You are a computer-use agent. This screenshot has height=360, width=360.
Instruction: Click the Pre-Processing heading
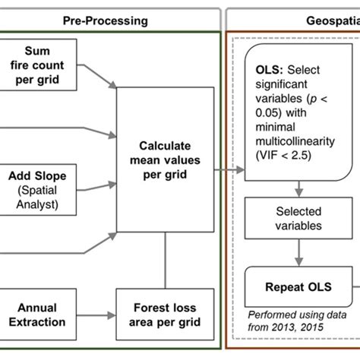click(107, 13)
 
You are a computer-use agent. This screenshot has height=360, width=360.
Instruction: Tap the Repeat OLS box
click(299, 289)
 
